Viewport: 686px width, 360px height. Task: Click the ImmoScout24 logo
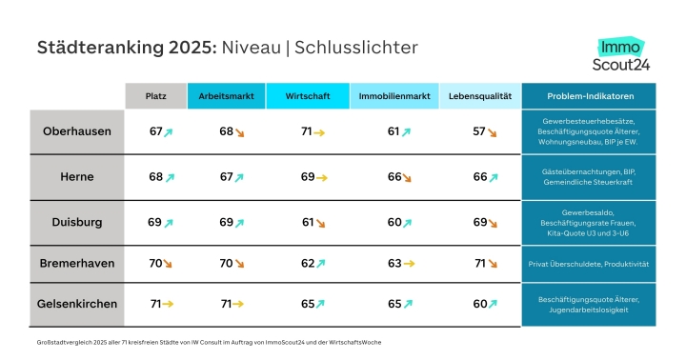coord(621,54)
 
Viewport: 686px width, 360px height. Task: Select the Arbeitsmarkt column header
coord(226,96)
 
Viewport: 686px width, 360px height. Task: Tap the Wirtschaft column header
coord(308,96)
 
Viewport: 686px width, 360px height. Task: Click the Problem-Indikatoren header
coord(589,96)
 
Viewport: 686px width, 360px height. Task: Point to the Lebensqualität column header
coord(480,96)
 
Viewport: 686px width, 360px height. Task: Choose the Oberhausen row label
coord(77,131)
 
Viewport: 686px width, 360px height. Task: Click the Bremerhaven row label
coord(77,263)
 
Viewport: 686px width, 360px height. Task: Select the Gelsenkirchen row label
coord(77,304)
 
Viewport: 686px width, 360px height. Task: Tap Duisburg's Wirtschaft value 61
coord(308,222)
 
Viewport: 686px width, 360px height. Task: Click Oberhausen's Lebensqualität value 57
coord(479,131)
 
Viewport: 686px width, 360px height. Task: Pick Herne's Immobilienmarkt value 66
coord(394,177)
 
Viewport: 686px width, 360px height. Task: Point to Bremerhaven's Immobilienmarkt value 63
coord(394,263)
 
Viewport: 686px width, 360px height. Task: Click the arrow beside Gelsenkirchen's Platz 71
coord(168,304)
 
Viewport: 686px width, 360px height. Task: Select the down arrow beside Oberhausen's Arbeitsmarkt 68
coord(239,132)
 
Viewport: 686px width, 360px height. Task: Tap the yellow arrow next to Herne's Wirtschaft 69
coord(322,178)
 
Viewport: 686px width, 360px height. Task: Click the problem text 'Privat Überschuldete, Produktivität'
coord(589,264)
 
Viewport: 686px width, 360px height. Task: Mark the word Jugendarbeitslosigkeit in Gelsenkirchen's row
coord(589,310)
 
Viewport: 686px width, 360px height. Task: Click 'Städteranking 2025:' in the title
coord(127,48)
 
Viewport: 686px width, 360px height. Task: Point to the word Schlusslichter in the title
coord(356,48)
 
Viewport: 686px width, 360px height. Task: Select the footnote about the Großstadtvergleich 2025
coord(209,342)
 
